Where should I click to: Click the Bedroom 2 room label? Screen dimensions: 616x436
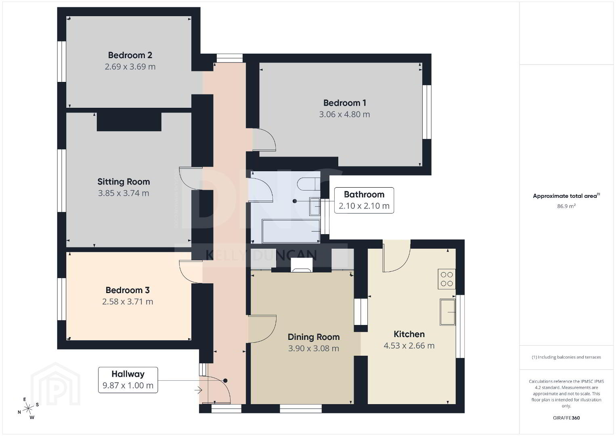[130, 55]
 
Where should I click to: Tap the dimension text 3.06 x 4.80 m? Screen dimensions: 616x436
[344, 114]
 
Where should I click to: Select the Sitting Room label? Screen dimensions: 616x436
[124, 182]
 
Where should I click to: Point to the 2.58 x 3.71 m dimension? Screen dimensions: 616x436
[128, 302]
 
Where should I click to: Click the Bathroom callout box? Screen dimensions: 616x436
[364, 200]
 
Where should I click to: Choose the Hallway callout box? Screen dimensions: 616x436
[128, 380]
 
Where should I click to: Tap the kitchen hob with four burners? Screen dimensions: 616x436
[446, 279]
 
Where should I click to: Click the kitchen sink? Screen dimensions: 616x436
[447, 312]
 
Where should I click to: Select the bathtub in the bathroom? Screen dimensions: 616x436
[291, 231]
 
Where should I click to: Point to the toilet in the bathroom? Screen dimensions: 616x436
[308, 184]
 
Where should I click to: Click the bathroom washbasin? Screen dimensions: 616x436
[314, 206]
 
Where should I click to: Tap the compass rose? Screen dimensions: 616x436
[28, 409]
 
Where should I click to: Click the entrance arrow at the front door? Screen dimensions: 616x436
[198, 390]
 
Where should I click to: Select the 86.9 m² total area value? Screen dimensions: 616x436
[566, 206]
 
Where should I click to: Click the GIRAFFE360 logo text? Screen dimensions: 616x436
[566, 418]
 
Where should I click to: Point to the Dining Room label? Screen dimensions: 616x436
[314, 337]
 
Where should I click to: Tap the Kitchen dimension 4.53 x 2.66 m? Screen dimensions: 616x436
[409, 346]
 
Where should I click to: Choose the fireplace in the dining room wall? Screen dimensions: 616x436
[302, 266]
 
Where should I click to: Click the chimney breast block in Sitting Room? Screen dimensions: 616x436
[129, 121]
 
